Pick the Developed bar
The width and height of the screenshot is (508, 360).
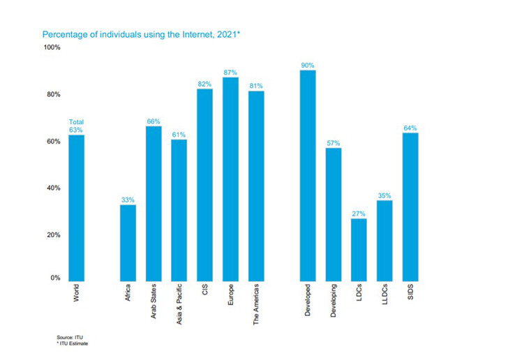(308, 175)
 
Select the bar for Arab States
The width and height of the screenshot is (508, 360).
(154, 203)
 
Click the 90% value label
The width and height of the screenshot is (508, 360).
(308, 65)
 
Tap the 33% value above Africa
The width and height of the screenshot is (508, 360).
(128, 200)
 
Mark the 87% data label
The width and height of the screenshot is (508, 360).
(230, 72)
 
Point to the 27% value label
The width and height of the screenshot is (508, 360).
(359, 213)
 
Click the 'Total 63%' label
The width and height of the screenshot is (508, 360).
(76, 126)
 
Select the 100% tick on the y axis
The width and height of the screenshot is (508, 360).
(53, 47)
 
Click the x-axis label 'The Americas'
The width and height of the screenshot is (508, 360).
(256, 305)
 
